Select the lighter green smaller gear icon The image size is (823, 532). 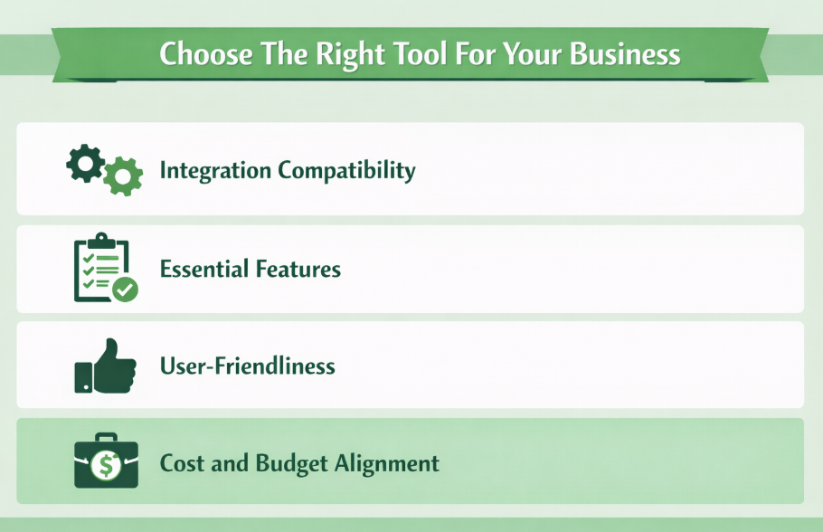click(122, 176)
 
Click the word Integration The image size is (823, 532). click(214, 170)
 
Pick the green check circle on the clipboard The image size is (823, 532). click(125, 290)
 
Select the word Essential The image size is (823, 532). click(202, 269)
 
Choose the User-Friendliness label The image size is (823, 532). click(247, 366)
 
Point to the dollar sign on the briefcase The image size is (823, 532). click(106, 466)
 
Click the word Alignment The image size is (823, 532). click(388, 463)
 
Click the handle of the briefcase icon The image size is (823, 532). click(106, 438)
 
